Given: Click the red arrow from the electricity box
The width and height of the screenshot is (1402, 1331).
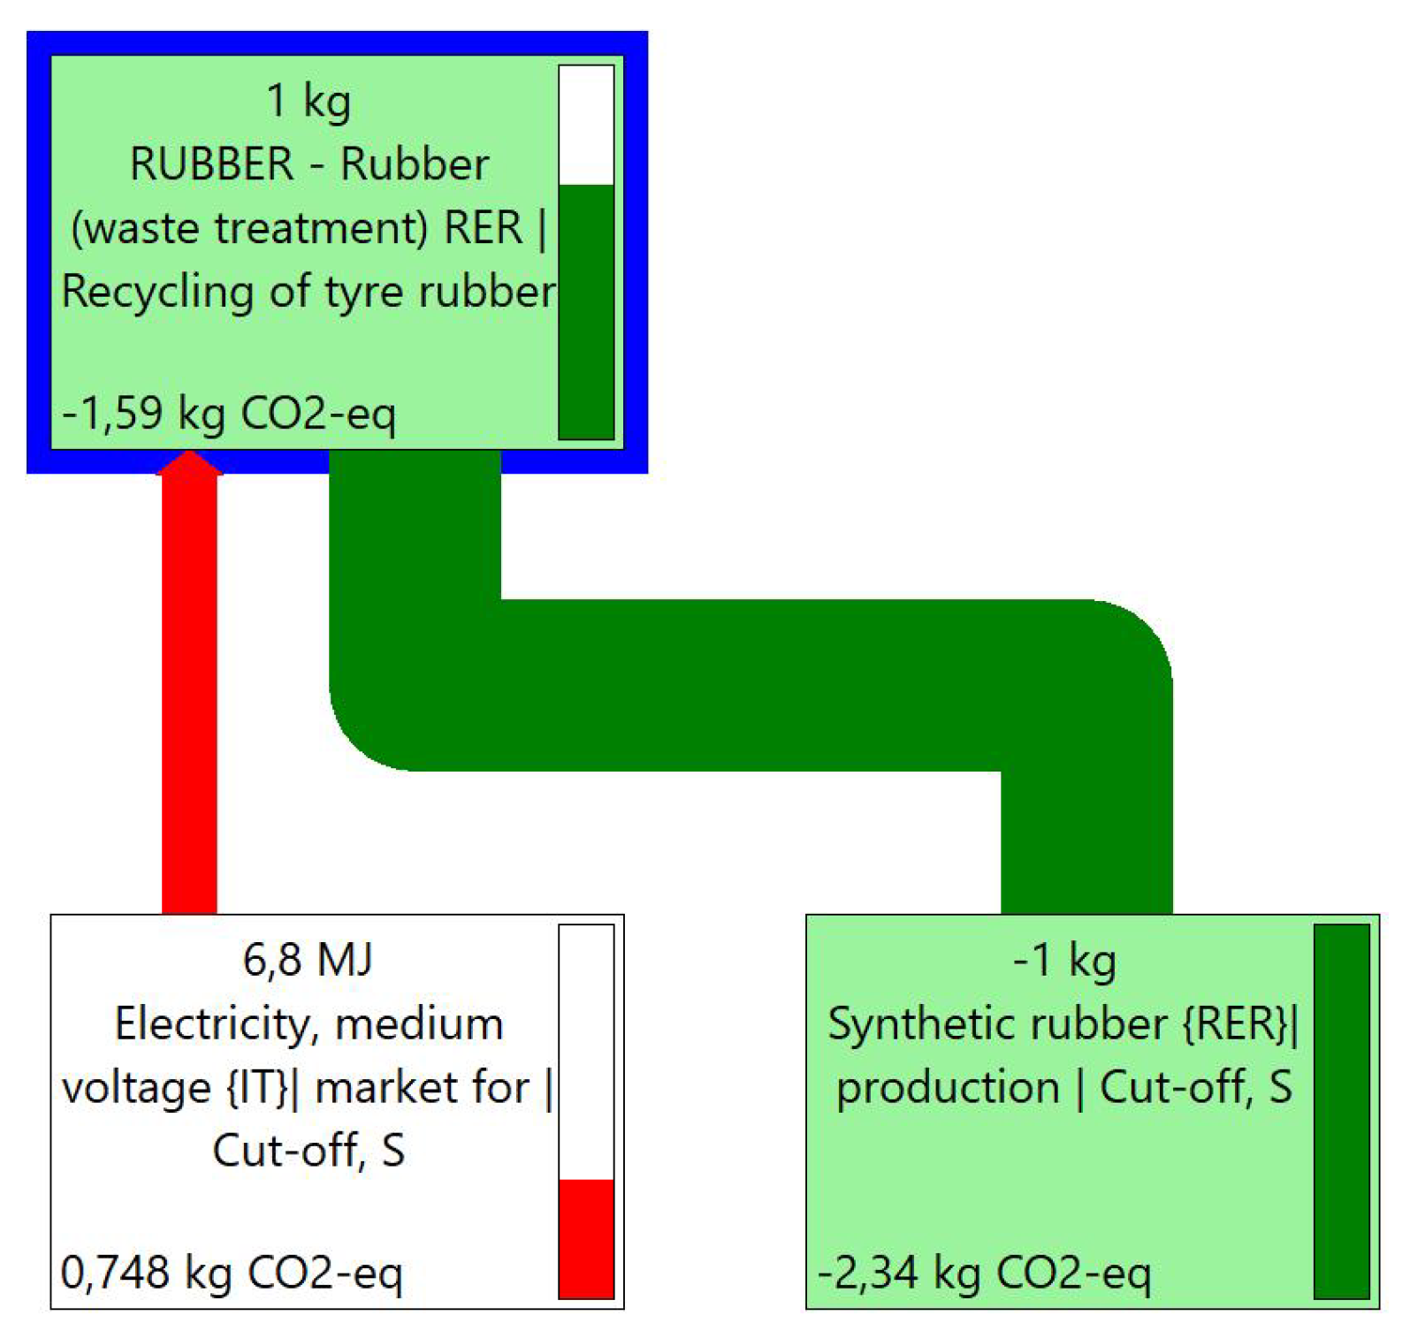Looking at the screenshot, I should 189,689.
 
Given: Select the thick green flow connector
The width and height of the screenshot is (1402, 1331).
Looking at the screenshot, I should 751,685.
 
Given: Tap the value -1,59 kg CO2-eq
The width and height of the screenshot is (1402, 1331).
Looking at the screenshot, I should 229,413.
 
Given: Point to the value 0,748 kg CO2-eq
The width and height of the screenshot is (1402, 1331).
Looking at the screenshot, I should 232,1273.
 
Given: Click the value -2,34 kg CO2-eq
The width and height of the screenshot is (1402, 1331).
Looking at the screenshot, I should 984,1273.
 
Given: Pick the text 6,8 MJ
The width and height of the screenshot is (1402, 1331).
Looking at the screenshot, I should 308,960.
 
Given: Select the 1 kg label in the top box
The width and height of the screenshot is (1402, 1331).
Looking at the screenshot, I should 309,101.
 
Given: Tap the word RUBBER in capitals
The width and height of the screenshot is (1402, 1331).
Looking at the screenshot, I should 212,164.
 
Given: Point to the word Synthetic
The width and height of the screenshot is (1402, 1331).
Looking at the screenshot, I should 910,1024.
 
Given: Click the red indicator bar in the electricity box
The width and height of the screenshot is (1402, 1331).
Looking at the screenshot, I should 586,1238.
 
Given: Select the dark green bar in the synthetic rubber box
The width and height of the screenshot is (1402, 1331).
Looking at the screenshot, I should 1341,1111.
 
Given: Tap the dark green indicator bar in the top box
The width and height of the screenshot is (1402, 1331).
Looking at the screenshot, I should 586,311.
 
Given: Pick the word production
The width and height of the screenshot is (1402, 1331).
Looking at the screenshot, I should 948,1088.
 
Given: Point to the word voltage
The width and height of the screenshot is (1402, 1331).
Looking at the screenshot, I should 135,1088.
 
